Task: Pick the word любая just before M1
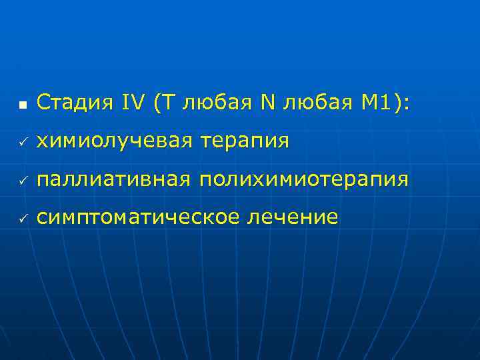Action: point(315,103)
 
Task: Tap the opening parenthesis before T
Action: point(156,103)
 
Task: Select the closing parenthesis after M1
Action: point(397,103)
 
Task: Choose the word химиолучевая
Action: point(114,141)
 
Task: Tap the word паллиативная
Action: point(113,180)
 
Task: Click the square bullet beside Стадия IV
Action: point(22,105)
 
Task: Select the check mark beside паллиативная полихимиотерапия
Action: point(22,181)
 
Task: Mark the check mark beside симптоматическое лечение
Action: point(22,219)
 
